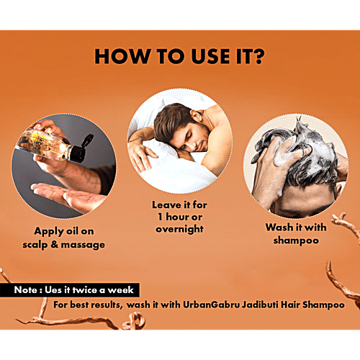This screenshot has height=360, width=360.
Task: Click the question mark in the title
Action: pyautogui.click(x=256, y=56)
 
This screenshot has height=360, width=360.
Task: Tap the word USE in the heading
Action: pyautogui.click(x=210, y=57)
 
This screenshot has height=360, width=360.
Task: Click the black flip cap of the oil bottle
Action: pyautogui.click(x=82, y=149)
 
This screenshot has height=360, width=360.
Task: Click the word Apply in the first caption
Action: pyautogui.click(x=49, y=232)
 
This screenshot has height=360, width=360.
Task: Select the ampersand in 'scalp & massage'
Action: pyautogui.click(x=55, y=244)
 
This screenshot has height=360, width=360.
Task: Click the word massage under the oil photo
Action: pyautogui.click(x=83, y=246)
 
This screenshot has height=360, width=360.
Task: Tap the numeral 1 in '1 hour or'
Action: pyautogui.click(x=161, y=217)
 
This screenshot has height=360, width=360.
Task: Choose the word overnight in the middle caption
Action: pyautogui.click(x=179, y=229)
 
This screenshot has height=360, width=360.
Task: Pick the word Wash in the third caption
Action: pyautogui.click(x=278, y=228)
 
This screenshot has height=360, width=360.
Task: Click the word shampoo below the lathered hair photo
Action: pyautogui.click(x=296, y=240)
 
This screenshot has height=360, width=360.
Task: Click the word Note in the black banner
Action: pyautogui.click(x=26, y=290)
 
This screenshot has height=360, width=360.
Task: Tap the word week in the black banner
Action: pyautogui.click(x=120, y=290)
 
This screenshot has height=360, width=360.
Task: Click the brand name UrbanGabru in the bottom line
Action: pyautogui.click(x=211, y=305)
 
